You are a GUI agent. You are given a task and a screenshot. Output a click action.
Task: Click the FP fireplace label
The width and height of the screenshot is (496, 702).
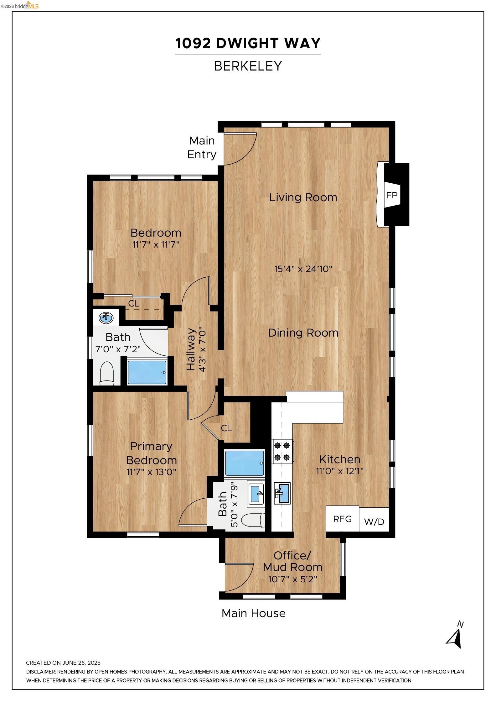click(391, 195)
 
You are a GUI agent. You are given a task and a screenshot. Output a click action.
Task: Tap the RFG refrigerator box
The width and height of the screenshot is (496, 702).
click(342, 519)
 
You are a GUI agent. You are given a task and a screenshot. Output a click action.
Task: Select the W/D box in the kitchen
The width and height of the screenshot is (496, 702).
click(374, 522)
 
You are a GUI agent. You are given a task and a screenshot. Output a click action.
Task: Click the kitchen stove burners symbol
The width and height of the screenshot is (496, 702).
click(282, 451)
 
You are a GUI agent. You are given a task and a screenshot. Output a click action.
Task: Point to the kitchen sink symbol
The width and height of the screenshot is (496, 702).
click(282, 493)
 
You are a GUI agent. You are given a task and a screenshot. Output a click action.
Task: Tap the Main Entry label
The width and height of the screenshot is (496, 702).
click(202, 148)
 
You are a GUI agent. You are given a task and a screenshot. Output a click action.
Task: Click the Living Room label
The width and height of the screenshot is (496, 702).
click(303, 197)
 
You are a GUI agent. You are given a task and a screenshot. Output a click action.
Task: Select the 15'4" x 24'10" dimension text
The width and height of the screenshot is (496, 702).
click(303, 269)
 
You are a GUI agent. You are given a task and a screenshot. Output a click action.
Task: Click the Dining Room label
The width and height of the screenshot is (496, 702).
click(303, 333)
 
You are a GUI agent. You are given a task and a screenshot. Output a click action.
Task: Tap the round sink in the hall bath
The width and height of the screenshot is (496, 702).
click(106, 318)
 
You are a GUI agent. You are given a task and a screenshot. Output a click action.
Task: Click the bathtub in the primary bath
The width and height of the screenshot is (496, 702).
click(245, 463)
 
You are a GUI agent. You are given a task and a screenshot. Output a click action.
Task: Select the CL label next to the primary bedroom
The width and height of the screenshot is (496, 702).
click(226, 428)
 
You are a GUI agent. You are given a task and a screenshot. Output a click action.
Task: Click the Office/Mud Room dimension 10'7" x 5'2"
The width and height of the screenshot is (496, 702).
click(292, 579)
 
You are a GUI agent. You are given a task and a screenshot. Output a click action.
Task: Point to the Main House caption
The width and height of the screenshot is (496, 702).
click(253, 613)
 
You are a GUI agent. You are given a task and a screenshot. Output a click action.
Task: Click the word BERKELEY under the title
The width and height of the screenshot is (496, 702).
click(248, 66)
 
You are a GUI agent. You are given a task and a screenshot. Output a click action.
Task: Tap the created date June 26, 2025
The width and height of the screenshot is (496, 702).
click(63, 663)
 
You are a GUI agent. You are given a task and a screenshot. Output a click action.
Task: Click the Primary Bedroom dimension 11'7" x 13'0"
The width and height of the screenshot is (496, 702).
click(151, 472)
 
